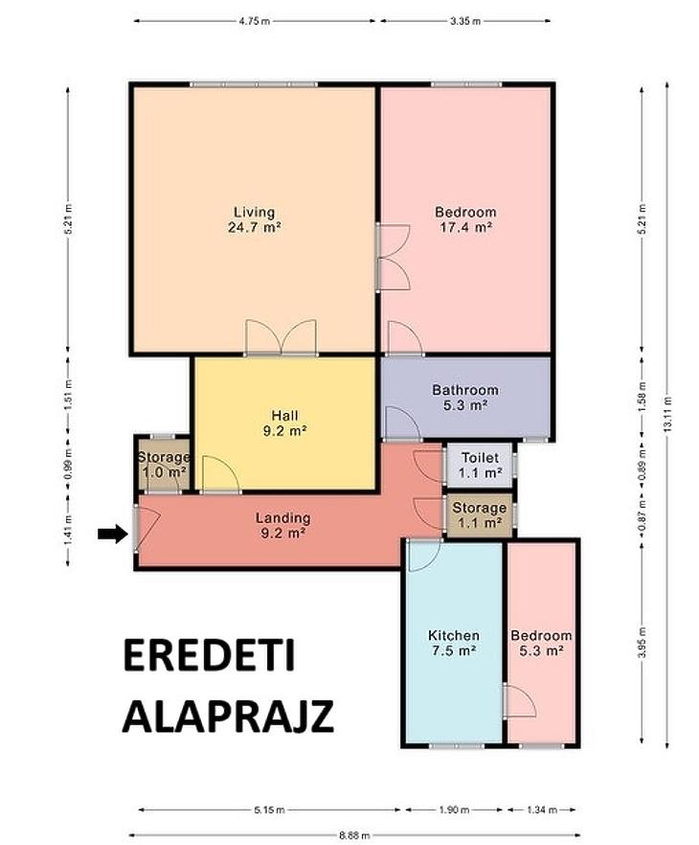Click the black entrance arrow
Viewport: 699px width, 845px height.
pyautogui.click(x=113, y=534)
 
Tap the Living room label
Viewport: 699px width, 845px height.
pyautogui.click(x=254, y=212)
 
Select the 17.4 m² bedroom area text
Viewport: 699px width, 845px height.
pyautogui.click(x=465, y=227)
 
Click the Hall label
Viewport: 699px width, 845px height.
pyautogui.click(x=285, y=416)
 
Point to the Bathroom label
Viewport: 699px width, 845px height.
pyautogui.click(x=465, y=390)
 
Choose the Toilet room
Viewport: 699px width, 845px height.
pyautogui.click(x=480, y=465)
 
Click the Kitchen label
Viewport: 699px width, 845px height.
pyautogui.click(x=454, y=635)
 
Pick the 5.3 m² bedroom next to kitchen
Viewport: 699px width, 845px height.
pyautogui.click(x=541, y=643)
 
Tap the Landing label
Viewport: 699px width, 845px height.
pyautogui.click(x=282, y=518)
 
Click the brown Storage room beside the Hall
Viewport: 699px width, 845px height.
pyautogui.click(x=163, y=464)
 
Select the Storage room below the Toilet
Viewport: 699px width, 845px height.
pyautogui.click(x=480, y=515)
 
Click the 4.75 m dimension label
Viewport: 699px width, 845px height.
pyautogui.click(x=255, y=21)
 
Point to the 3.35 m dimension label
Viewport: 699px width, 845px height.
pyautogui.click(x=465, y=21)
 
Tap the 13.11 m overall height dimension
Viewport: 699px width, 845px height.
pyautogui.click(x=667, y=414)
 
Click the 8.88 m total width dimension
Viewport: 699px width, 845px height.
pyautogui.click(x=354, y=835)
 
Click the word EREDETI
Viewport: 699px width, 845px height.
pyautogui.click(x=210, y=655)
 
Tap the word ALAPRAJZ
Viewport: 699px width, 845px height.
pyautogui.click(x=228, y=717)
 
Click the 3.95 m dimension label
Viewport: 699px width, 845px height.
pyautogui.click(x=642, y=642)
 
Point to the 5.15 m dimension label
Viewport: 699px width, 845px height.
pyautogui.click(x=269, y=810)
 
